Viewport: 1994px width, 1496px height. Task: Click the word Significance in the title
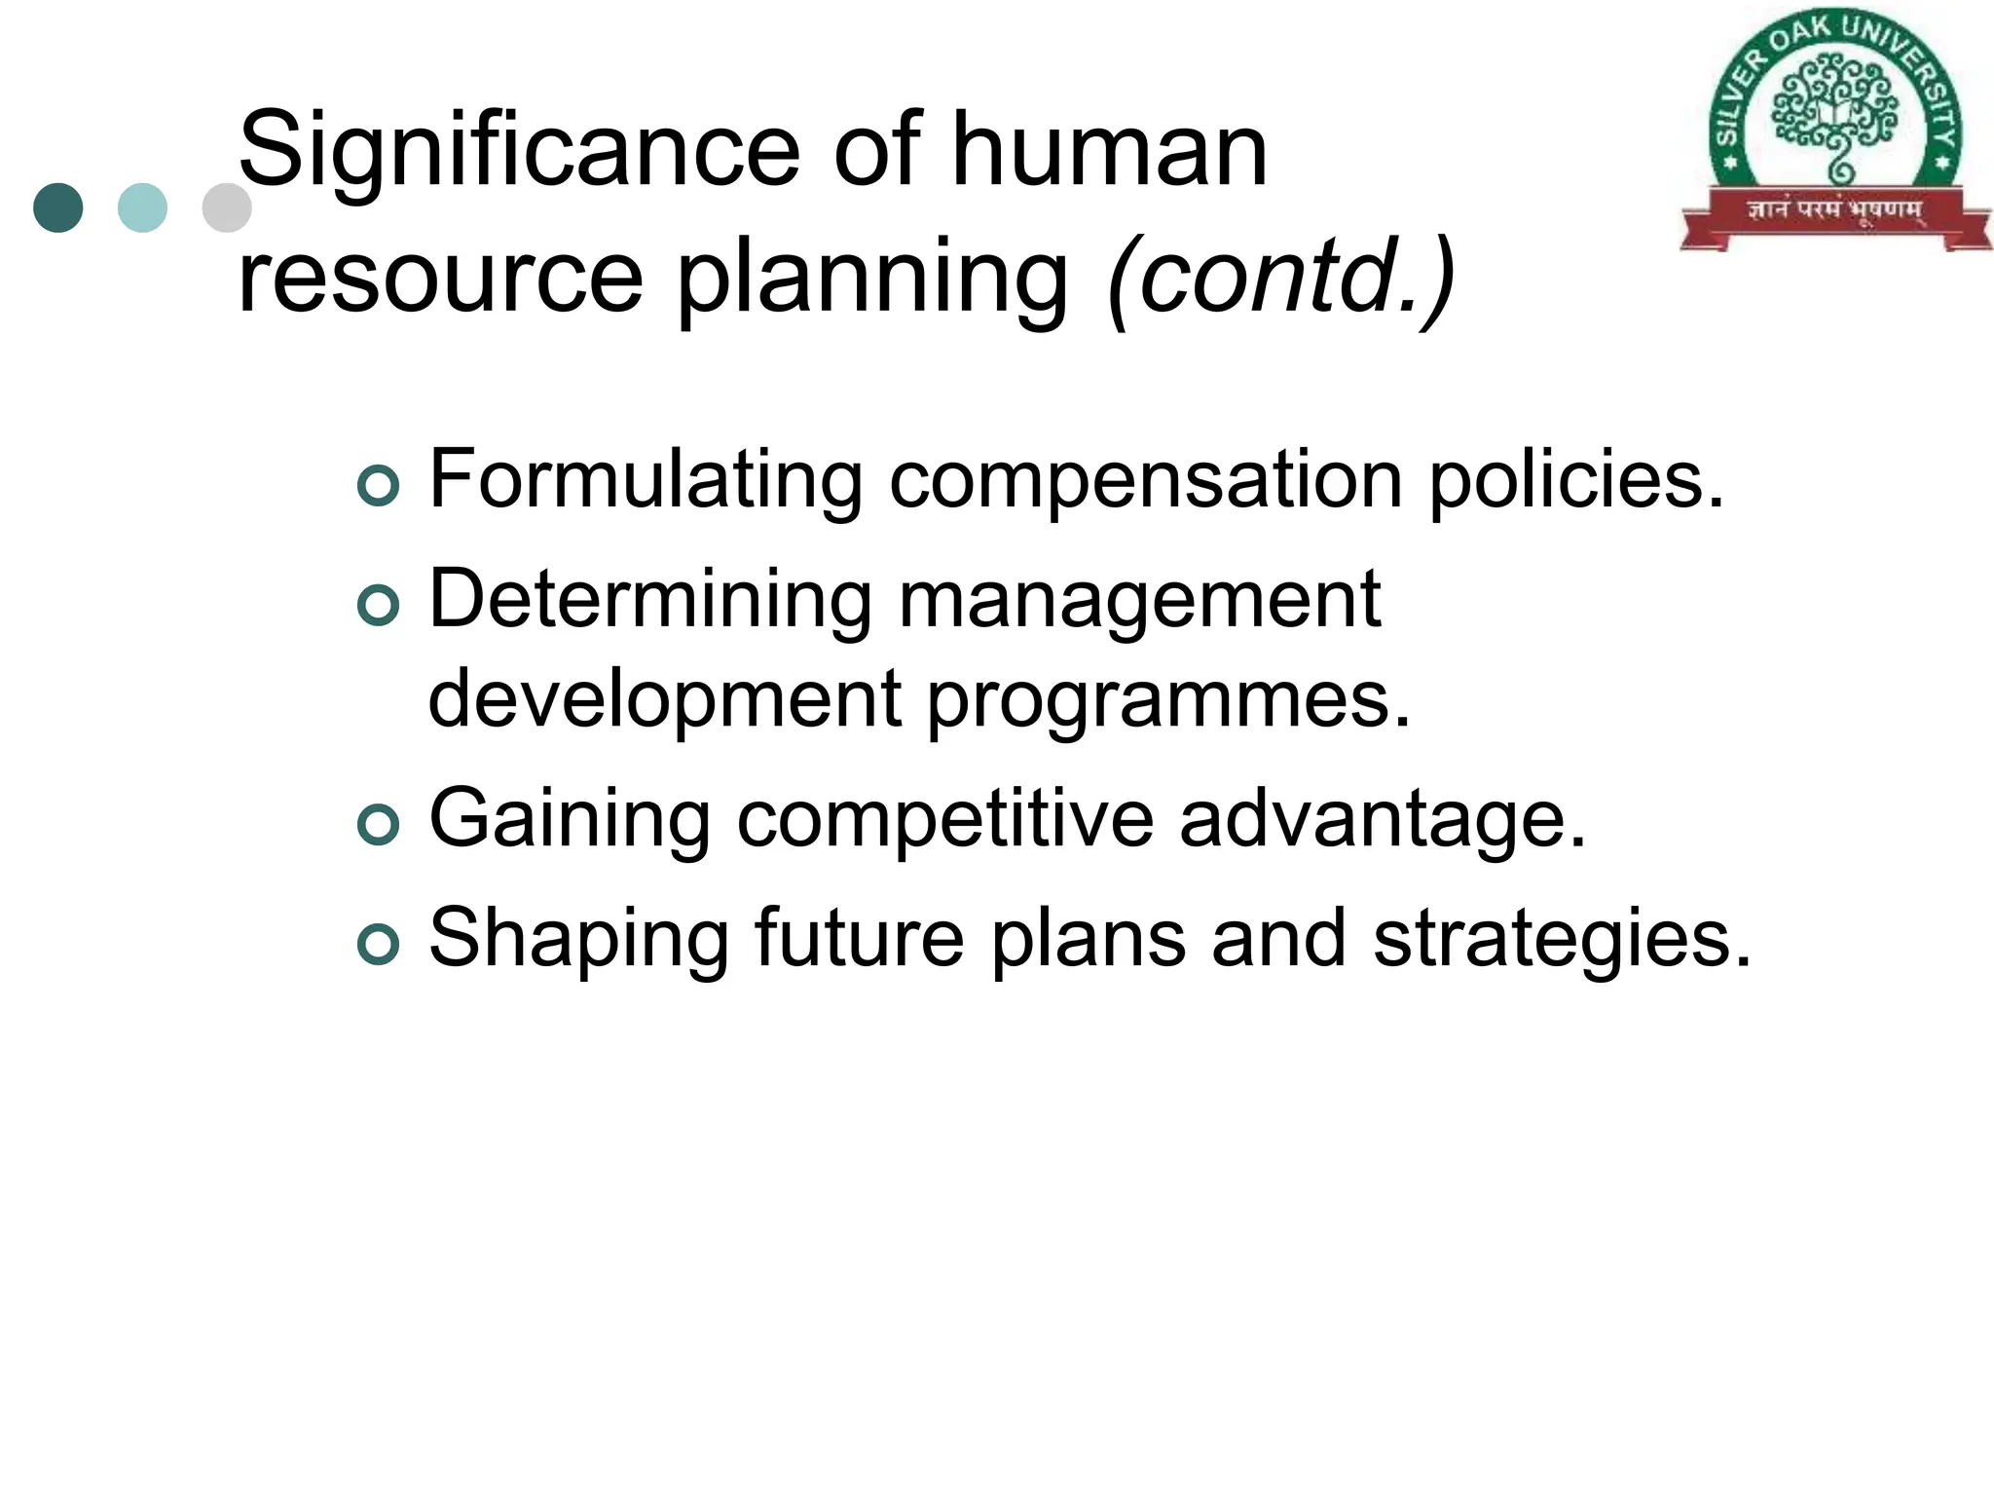pyautogui.click(x=519, y=151)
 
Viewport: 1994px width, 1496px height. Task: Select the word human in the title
pyautogui.click(x=1109, y=151)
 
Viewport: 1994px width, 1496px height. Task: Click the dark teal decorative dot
pyautogui.click(x=58, y=207)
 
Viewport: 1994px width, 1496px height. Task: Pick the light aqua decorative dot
pyautogui.click(x=142, y=207)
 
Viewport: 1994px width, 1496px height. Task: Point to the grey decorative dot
pyautogui.click(x=226, y=207)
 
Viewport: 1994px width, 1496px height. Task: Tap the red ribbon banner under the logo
pyautogui.click(x=1835, y=211)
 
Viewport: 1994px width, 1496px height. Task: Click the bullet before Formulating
pyautogui.click(x=378, y=486)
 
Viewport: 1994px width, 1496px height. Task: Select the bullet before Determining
pyautogui.click(x=378, y=606)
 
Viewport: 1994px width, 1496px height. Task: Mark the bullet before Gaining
pyautogui.click(x=378, y=825)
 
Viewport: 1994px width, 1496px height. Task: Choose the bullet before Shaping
pyautogui.click(x=378, y=945)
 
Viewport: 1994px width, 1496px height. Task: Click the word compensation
pyautogui.click(x=1145, y=480)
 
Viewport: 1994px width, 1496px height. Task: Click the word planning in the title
pyautogui.click(x=872, y=280)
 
